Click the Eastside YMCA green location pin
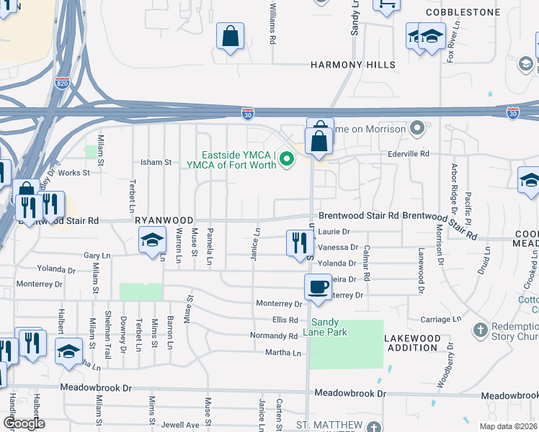287,159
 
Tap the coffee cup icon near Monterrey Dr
318,287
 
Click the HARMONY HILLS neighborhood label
353,65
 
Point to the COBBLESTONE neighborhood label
463,12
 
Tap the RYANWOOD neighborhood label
164,220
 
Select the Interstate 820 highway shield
62,84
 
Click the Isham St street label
155,163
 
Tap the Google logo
24,423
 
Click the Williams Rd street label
273,23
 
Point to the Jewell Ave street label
184,426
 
